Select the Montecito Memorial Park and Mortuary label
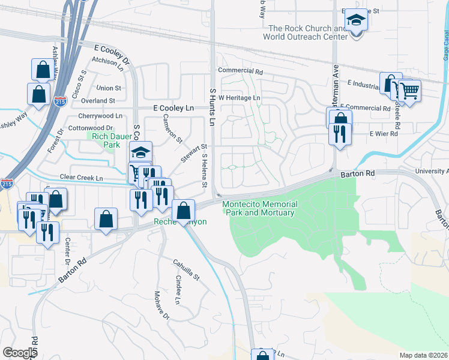tap(258, 208)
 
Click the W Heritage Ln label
tap(240, 97)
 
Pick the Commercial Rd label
tap(241, 71)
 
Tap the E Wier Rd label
tap(384, 134)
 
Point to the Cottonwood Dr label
tap(91, 128)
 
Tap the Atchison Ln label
tap(107, 60)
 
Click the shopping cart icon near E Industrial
tap(411, 91)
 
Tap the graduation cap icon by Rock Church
tap(357, 20)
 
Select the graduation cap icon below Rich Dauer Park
tap(140, 152)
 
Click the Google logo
tap(19, 353)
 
